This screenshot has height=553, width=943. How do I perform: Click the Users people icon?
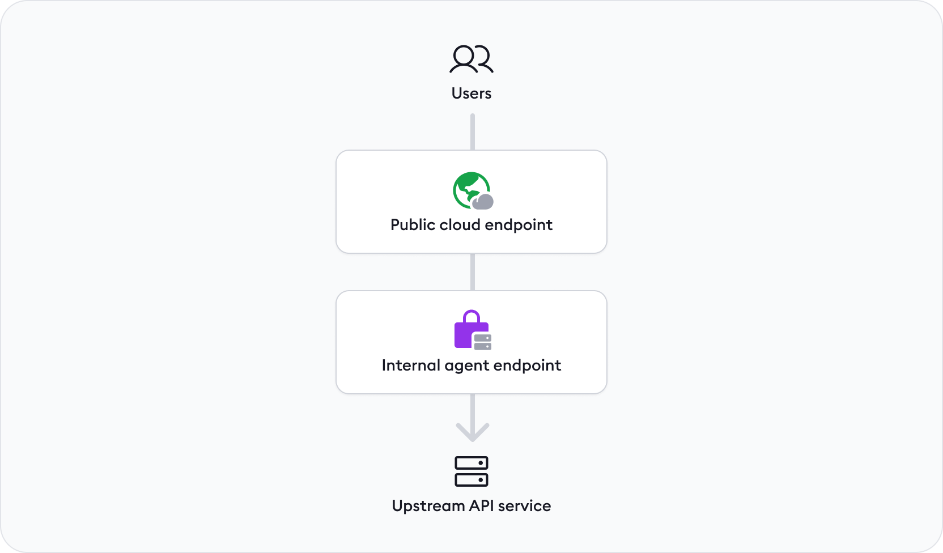471,59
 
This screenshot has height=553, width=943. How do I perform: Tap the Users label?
471,93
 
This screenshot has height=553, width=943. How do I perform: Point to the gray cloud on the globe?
483,201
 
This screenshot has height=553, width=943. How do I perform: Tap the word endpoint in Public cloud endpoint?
519,225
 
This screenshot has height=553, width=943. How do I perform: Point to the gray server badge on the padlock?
483,342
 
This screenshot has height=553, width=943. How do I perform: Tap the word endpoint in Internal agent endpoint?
527,365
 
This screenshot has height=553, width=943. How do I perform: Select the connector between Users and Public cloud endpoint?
472,131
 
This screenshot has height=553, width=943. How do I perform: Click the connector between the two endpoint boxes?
472,272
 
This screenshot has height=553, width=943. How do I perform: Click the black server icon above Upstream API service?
471,471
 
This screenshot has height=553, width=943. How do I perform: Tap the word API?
481,506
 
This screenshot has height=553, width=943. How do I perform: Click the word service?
524,506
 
